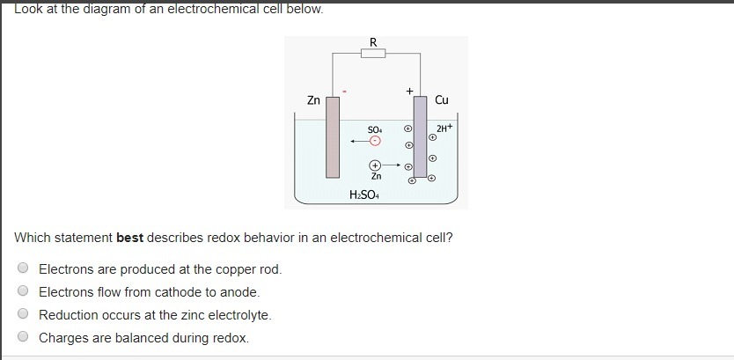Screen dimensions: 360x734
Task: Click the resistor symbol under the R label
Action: [x=373, y=54]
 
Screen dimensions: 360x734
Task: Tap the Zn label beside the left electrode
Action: [x=313, y=100]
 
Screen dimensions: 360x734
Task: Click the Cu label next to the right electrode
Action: [x=442, y=100]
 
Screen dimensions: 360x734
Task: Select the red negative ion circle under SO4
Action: [x=376, y=140]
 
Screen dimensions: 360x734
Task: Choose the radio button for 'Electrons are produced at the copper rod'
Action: [x=24, y=268]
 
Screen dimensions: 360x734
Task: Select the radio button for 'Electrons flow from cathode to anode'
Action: [x=24, y=291]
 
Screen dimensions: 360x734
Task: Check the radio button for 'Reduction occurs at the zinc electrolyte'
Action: [x=24, y=314]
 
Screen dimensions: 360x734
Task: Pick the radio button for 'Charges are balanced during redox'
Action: [x=24, y=337]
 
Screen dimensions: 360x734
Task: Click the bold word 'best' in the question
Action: [x=129, y=238]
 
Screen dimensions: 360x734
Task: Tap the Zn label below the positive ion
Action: [x=376, y=176]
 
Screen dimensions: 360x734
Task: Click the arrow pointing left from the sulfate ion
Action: [x=357, y=140]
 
